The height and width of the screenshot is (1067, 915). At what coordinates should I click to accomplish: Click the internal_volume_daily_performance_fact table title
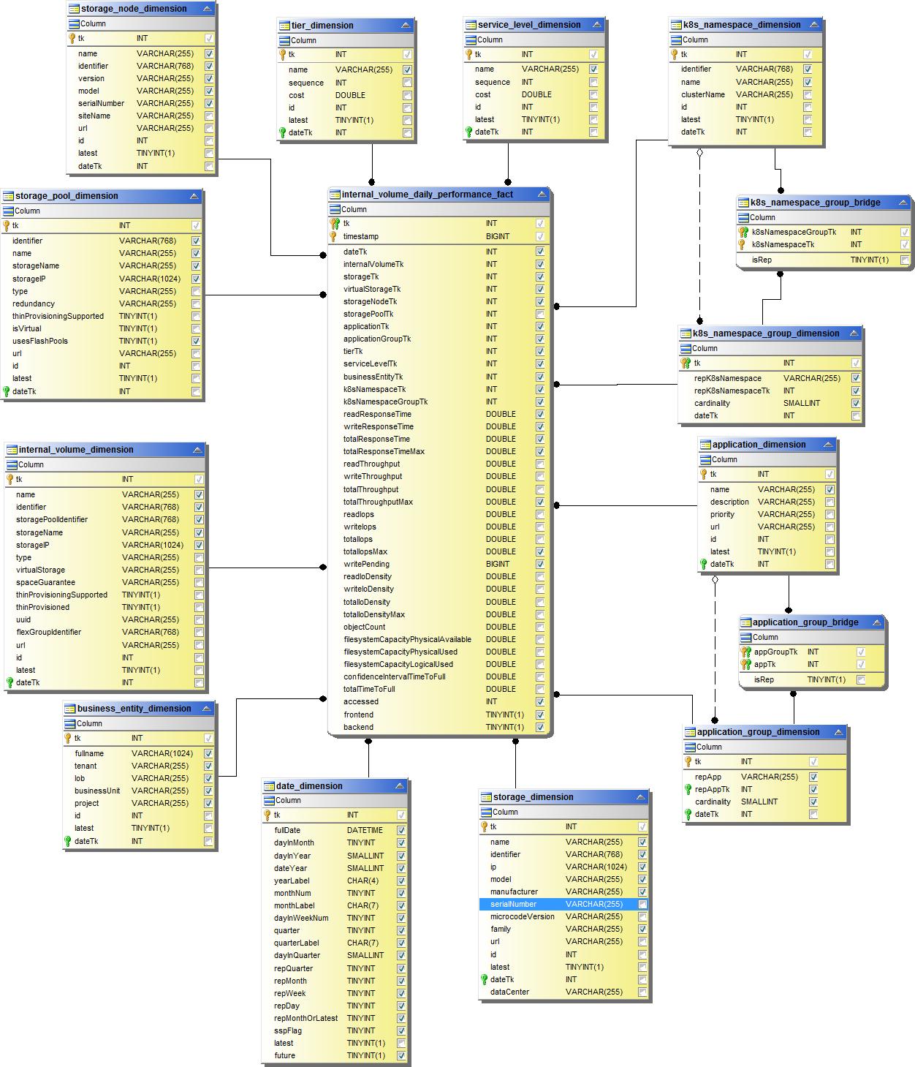(428, 195)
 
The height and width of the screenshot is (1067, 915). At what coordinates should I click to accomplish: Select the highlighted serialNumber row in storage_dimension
(513, 904)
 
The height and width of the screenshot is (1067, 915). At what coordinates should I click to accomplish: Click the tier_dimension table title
(322, 26)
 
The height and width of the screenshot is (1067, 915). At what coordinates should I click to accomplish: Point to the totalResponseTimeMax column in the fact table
(384, 451)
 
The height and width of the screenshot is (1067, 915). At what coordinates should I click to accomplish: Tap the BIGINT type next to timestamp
(498, 236)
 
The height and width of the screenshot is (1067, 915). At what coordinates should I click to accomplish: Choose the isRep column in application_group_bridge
(764, 679)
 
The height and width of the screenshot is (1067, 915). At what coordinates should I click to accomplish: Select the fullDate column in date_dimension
(287, 830)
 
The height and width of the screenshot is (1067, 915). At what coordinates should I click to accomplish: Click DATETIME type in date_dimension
(365, 830)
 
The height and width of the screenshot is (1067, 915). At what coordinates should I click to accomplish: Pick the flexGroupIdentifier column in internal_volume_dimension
(48, 632)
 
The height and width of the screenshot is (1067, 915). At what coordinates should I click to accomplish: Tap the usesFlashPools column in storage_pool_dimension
(40, 341)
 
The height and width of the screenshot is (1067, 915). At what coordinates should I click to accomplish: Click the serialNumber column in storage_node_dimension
(101, 103)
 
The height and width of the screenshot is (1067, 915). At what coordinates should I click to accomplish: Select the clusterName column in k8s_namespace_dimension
(703, 94)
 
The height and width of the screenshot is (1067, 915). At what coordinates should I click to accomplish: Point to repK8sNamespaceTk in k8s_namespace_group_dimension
(732, 391)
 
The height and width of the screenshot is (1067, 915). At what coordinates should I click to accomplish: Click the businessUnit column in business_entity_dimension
(97, 791)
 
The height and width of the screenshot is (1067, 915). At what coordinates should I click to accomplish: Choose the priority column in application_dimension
(722, 514)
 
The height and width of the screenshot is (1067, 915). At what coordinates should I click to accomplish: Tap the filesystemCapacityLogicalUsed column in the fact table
(398, 664)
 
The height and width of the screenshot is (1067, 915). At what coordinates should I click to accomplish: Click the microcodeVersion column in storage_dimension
(522, 916)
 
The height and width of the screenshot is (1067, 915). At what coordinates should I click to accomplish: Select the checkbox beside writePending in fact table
(540, 564)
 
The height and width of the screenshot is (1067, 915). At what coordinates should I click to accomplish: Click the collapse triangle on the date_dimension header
(400, 785)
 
